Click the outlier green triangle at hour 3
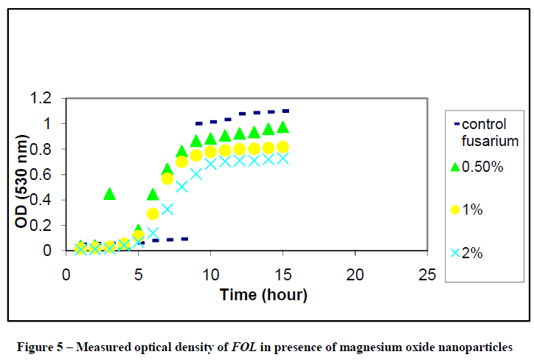click(x=109, y=194)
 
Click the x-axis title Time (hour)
click(x=263, y=295)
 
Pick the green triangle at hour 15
click(x=282, y=127)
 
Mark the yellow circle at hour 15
click(x=282, y=147)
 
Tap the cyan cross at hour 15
click(x=282, y=159)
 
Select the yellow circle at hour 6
click(x=153, y=214)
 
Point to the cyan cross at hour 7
click(x=167, y=209)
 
